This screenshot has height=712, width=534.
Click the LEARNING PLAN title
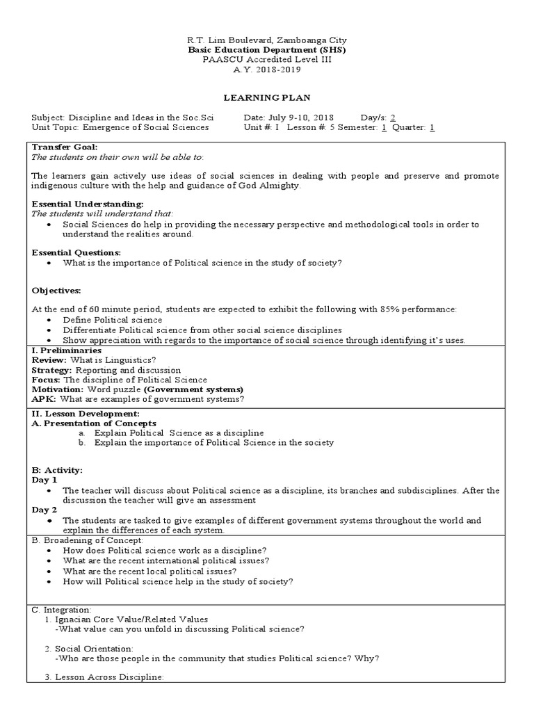267,98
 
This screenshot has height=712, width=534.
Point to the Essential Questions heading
76,252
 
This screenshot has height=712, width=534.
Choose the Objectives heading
56,290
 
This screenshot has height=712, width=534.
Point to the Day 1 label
44,480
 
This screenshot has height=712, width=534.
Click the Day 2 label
44,510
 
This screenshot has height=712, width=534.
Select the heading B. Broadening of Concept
88,540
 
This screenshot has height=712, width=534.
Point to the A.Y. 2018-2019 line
267,69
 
